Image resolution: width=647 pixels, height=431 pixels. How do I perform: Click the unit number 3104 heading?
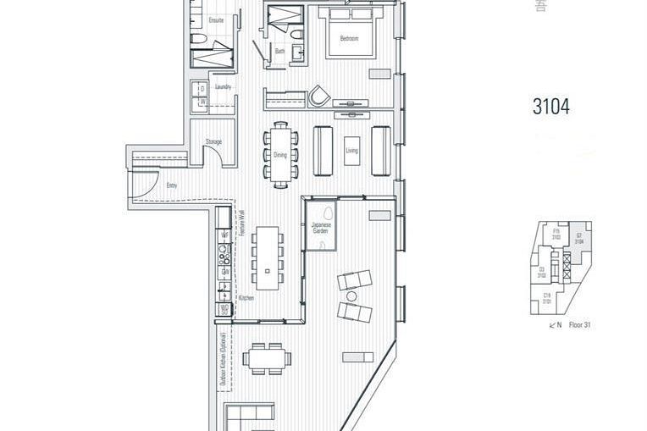tap(550, 107)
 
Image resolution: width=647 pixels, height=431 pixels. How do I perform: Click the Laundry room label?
tap(223, 86)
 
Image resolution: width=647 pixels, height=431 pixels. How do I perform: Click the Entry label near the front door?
tap(172, 184)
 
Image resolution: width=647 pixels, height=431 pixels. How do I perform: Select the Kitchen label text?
tap(246, 298)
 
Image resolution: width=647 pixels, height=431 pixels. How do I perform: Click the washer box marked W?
tap(202, 103)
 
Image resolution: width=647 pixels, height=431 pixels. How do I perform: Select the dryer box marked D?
tap(202, 88)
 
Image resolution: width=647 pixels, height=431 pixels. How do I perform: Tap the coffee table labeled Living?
tap(352, 151)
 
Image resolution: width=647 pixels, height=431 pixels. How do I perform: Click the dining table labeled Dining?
tap(280, 154)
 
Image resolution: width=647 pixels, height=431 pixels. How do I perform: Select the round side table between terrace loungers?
tap(351, 296)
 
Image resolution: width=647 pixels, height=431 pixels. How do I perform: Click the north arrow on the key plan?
tap(554, 324)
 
